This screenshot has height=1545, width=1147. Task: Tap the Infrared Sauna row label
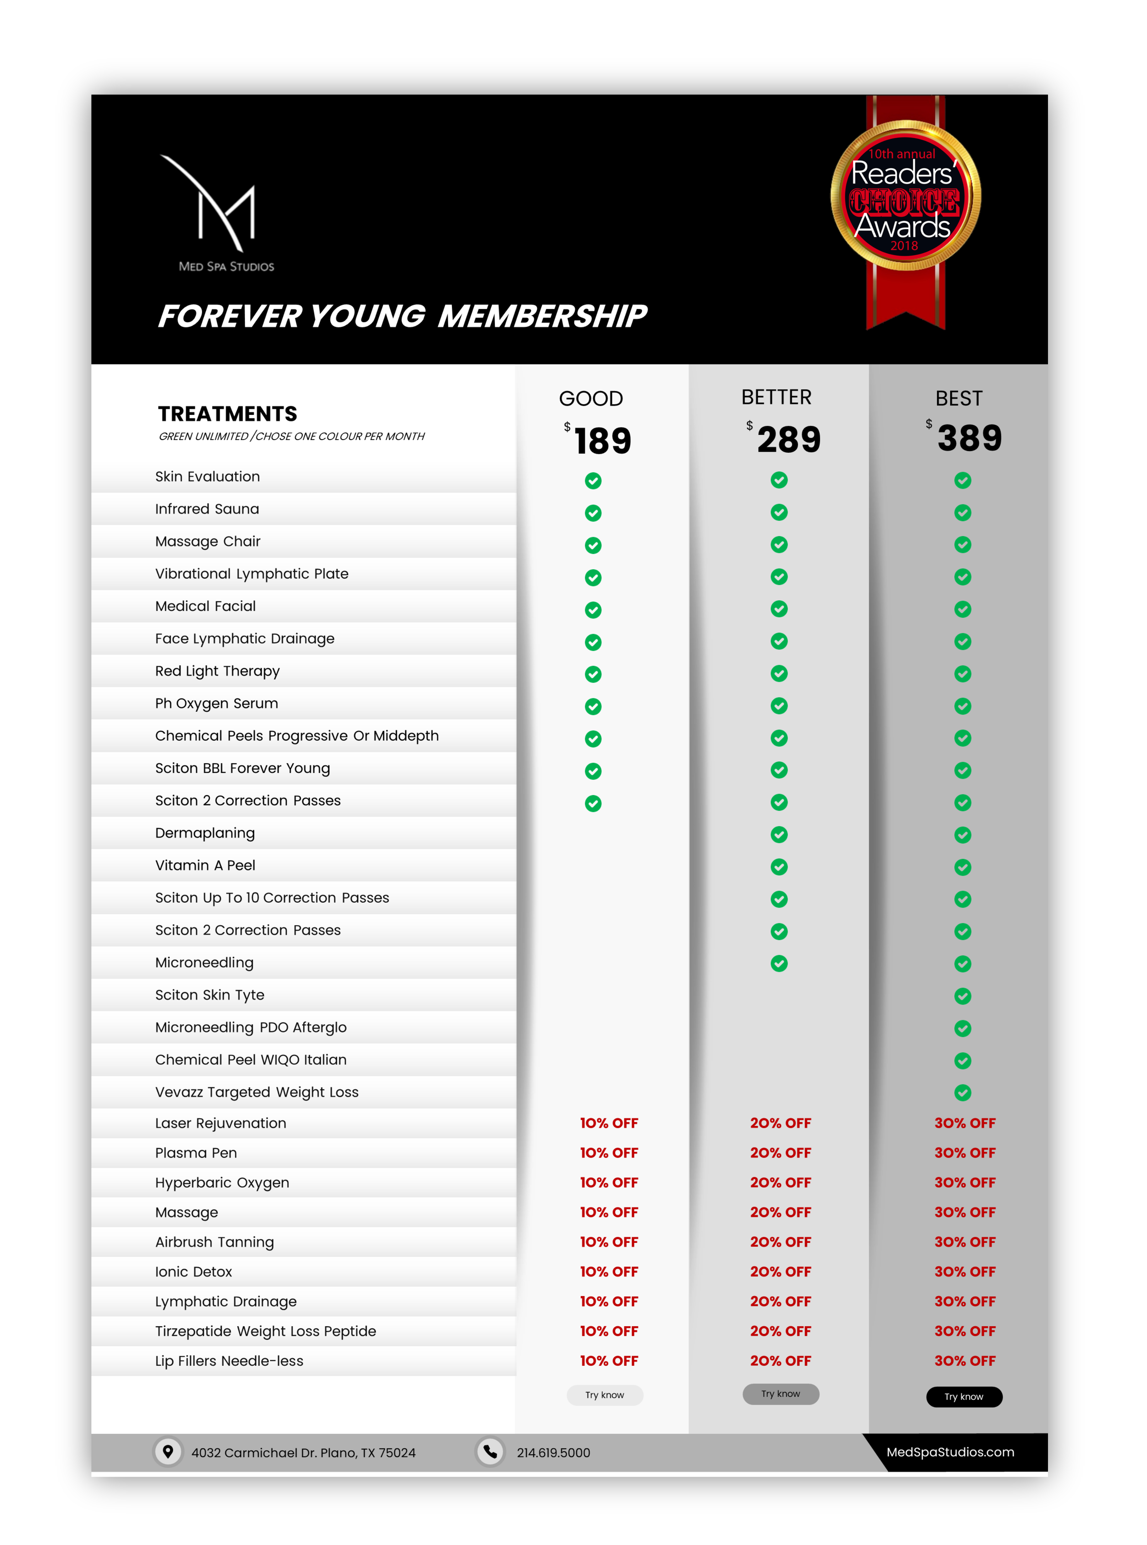207,509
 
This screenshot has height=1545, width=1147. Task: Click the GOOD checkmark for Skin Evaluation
593,481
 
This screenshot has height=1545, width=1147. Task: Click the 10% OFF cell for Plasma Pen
609,1153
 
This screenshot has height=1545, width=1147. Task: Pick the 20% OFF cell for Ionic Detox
781,1271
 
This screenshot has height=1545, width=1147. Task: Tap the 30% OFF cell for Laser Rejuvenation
964,1123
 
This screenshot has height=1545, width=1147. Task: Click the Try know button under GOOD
605,1395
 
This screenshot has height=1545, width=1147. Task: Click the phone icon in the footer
490,1451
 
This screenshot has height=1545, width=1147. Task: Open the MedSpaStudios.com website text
950,1452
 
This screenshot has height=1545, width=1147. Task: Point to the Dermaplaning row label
205,833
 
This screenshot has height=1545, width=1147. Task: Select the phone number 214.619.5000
553,1453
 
